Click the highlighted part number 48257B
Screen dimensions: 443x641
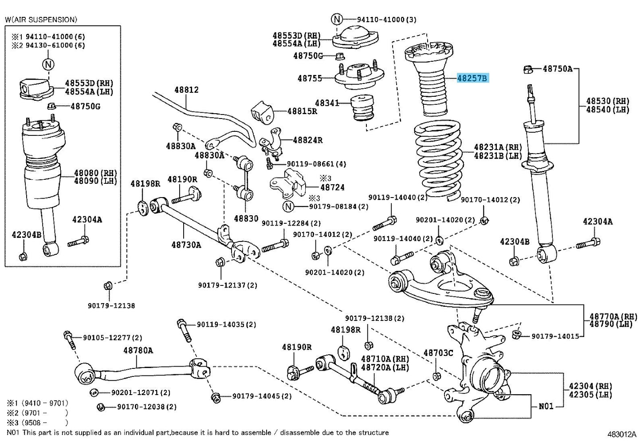tap(472, 79)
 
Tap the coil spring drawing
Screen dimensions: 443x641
tap(438, 162)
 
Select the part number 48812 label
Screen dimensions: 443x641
tap(186, 90)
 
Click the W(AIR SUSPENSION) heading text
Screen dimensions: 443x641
tap(41, 20)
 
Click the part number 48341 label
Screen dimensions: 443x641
tap(326, 103)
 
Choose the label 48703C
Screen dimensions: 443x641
tap(438, 353)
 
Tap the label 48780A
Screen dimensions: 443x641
tap(138, 350)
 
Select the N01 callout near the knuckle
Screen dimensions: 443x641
tap(546, 406)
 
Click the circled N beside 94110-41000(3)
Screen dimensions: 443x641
tap(337, 19)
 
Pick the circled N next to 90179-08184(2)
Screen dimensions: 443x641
tap(288, 206)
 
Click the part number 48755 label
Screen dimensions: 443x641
tap(310, 79)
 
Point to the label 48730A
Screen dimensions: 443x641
tap(186, 245)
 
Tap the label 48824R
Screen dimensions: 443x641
tap(308, 140)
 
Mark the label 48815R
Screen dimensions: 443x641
tap(302, 111)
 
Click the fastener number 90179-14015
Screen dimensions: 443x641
tap(555, 336)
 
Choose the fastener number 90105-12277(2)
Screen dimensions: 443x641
tap(113, 338)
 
